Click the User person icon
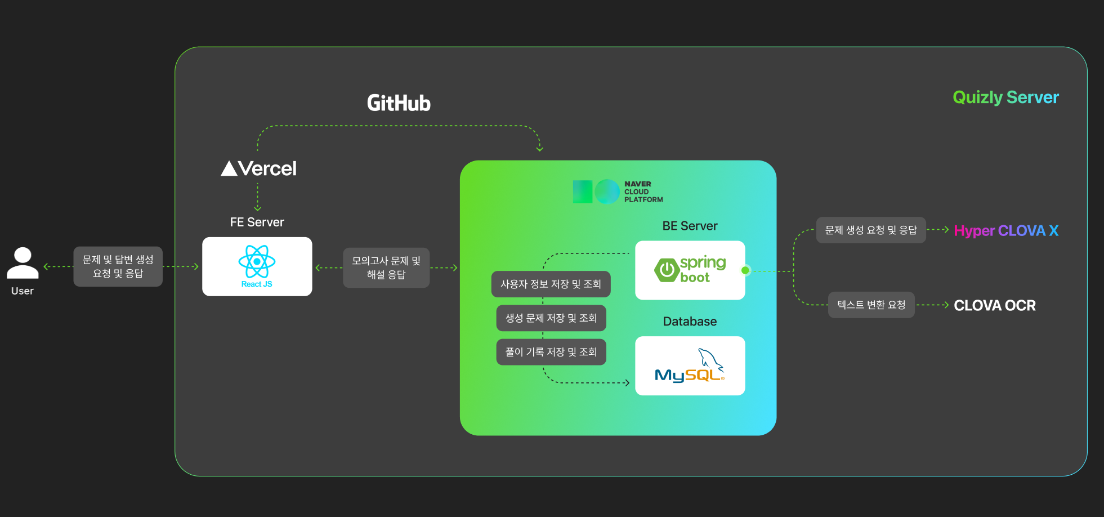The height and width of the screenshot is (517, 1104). point(23,263)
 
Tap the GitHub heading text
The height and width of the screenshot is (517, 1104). point(399,103)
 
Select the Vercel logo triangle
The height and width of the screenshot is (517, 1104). point(229,168)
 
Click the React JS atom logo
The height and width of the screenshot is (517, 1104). point(257,261)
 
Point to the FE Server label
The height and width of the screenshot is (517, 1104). point(257,222)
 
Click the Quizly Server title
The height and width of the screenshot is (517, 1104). point(1005,97)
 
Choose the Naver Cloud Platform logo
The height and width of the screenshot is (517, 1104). point(596,192)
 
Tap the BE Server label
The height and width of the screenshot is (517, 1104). point(690,226)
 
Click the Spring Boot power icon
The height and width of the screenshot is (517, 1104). point(667,270)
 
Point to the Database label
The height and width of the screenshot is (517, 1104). point(690,322)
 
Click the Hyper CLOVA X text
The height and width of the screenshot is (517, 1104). point(1006,231)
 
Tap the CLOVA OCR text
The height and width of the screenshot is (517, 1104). point(995,305)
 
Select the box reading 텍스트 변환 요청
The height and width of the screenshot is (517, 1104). point(871,305)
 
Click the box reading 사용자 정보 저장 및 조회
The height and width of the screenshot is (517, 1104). point(551,284)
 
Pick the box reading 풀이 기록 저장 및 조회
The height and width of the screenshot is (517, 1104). point(551,352)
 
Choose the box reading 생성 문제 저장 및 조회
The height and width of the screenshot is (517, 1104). point(551,318)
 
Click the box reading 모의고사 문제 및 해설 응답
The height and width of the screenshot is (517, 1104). point(386,268)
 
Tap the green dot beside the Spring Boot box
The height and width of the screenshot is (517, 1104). point(745,270)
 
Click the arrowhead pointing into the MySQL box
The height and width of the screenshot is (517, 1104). point(627,383)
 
